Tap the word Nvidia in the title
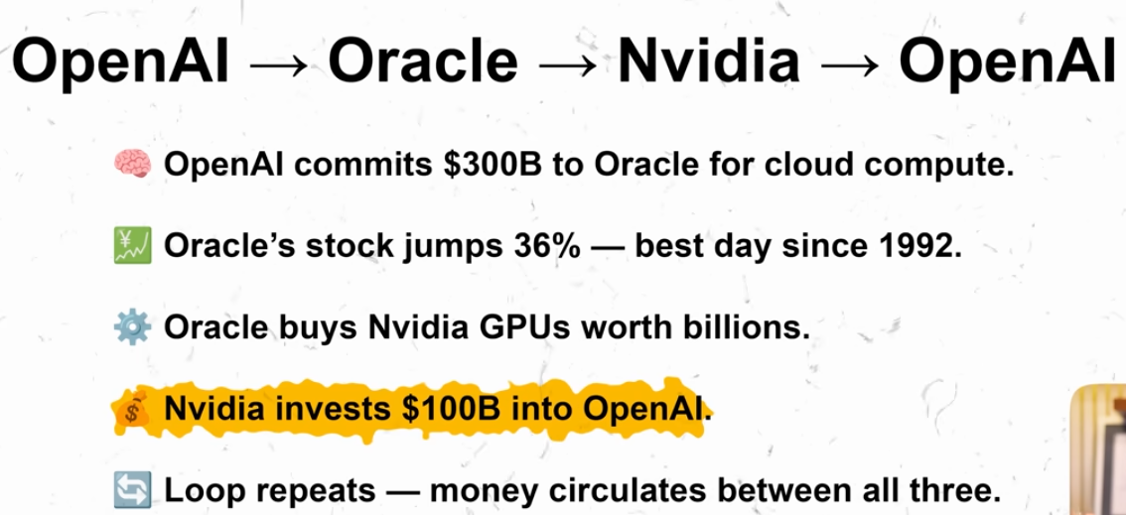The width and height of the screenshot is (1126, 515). [x=708, y=63]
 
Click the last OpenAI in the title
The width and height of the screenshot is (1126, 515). [x=1005, y=63]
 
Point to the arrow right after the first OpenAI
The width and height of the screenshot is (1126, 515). [x=281, y=65]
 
